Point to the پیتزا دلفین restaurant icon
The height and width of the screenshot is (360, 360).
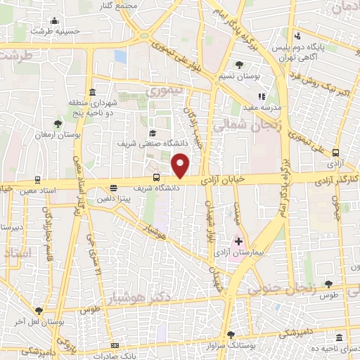coord(113,188)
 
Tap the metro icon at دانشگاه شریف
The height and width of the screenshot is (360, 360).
coord(156,177)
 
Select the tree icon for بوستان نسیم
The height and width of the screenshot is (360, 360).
coord(241,65)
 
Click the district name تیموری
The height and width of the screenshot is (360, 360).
coord(164,91)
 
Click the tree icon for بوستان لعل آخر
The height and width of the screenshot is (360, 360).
coord(39,310)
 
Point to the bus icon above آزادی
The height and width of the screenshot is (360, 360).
coord(335,153)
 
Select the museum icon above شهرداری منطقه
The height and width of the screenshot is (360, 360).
coord(93,92)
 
